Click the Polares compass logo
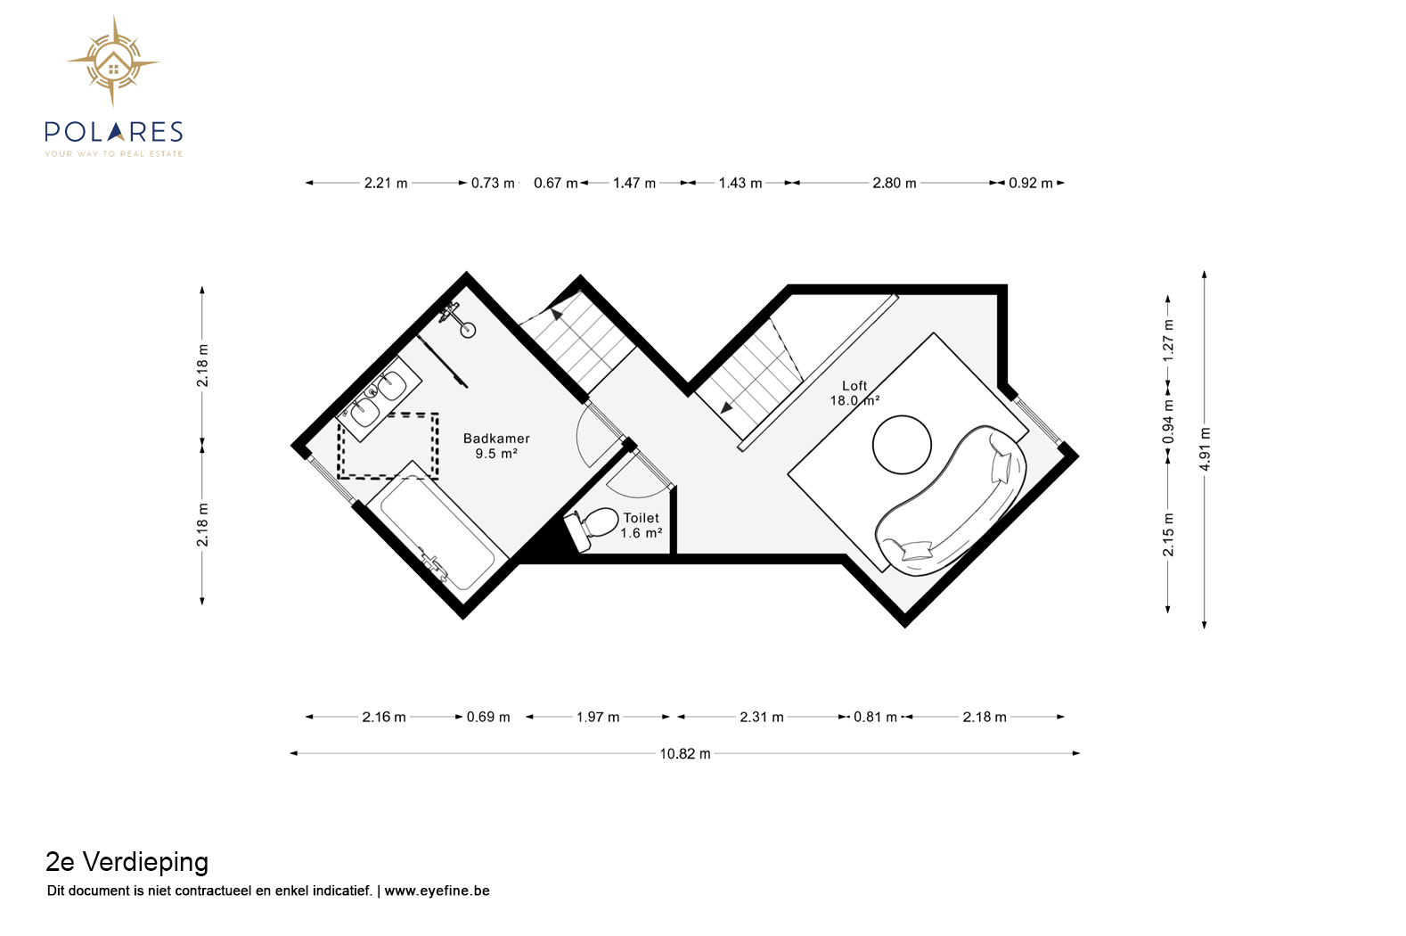[x=113, y=62]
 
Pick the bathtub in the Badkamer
[x=437, y=533]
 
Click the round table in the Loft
[x=902, y=445]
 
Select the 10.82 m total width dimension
[x=685, y=753]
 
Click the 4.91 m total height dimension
[x=1205, y=449]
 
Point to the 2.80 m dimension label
[x=895, y=183]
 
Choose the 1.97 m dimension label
[x=598, y=717]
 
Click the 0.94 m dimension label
[x=1168, y=422]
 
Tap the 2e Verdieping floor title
[x=127, y=862]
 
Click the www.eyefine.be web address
[x=437, y=891]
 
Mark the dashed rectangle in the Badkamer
[x=388, y=446]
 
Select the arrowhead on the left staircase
[x=556, y=313]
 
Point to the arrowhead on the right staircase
[x=726, y=407]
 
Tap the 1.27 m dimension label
[x=1168, y=341]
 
